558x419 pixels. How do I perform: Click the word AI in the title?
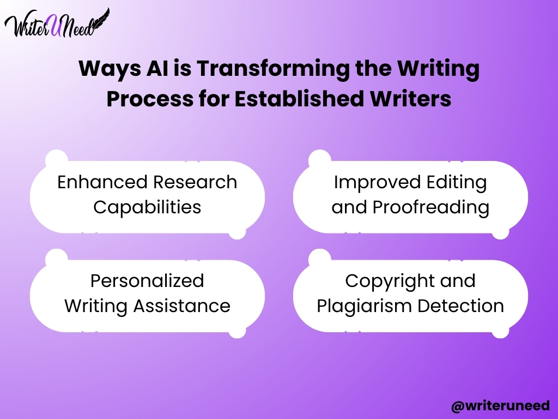tap(157, 68)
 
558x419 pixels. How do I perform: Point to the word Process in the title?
tap(150, 99)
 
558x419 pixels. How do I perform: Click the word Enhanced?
tap(103, 182)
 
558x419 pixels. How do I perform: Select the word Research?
tap(196, 182)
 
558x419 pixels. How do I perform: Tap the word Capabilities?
tap(147, 207)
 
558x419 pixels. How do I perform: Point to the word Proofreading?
tap(431, 208)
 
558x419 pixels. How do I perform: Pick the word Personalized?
tap(147, 281)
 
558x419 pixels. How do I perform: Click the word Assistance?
tap(182, 306)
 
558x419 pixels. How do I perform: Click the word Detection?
tap(461, 306)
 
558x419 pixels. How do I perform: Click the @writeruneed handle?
tap(500, 406)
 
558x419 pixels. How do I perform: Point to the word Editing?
tap(457, 183)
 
